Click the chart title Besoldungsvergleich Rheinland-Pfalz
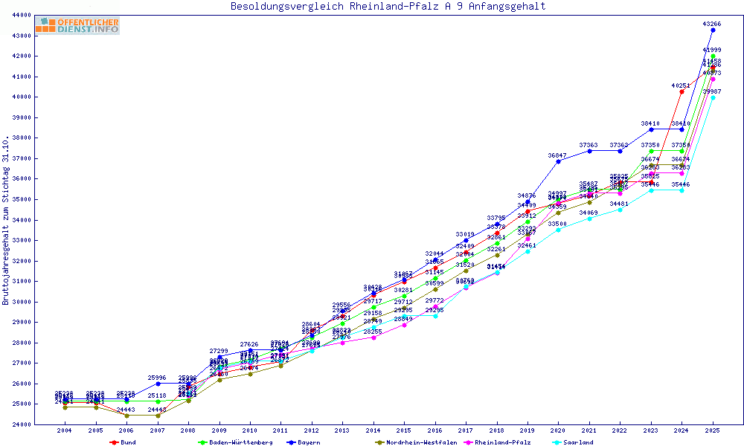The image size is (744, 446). click(x=388, y=7)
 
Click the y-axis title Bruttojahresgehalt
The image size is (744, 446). click(x=7, y=221)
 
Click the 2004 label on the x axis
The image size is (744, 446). click(x=65, y=430)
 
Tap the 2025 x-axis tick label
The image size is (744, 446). click(x=713, y=430)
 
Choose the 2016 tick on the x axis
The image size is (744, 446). click(x=435, y=430)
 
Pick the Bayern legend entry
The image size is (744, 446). click(x=307, y=442)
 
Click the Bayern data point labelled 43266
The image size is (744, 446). click(x=713, y=30)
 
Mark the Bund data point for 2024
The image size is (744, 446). click(x=682, y=92)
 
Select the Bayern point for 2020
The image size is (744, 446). click(x=558, y=161)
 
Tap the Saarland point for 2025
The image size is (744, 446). click(x=713, y=97)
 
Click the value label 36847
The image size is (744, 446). click(x=557, y=155)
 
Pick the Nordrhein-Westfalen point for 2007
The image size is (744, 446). click(x=157, y=416)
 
